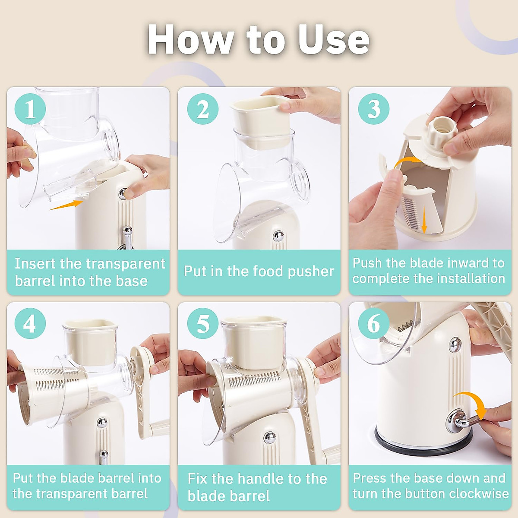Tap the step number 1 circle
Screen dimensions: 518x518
30,109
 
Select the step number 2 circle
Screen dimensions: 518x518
203,109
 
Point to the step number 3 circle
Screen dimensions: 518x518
374,109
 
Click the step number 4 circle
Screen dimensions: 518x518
30,323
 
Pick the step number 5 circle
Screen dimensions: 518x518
203,323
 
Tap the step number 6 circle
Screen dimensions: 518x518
374,323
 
